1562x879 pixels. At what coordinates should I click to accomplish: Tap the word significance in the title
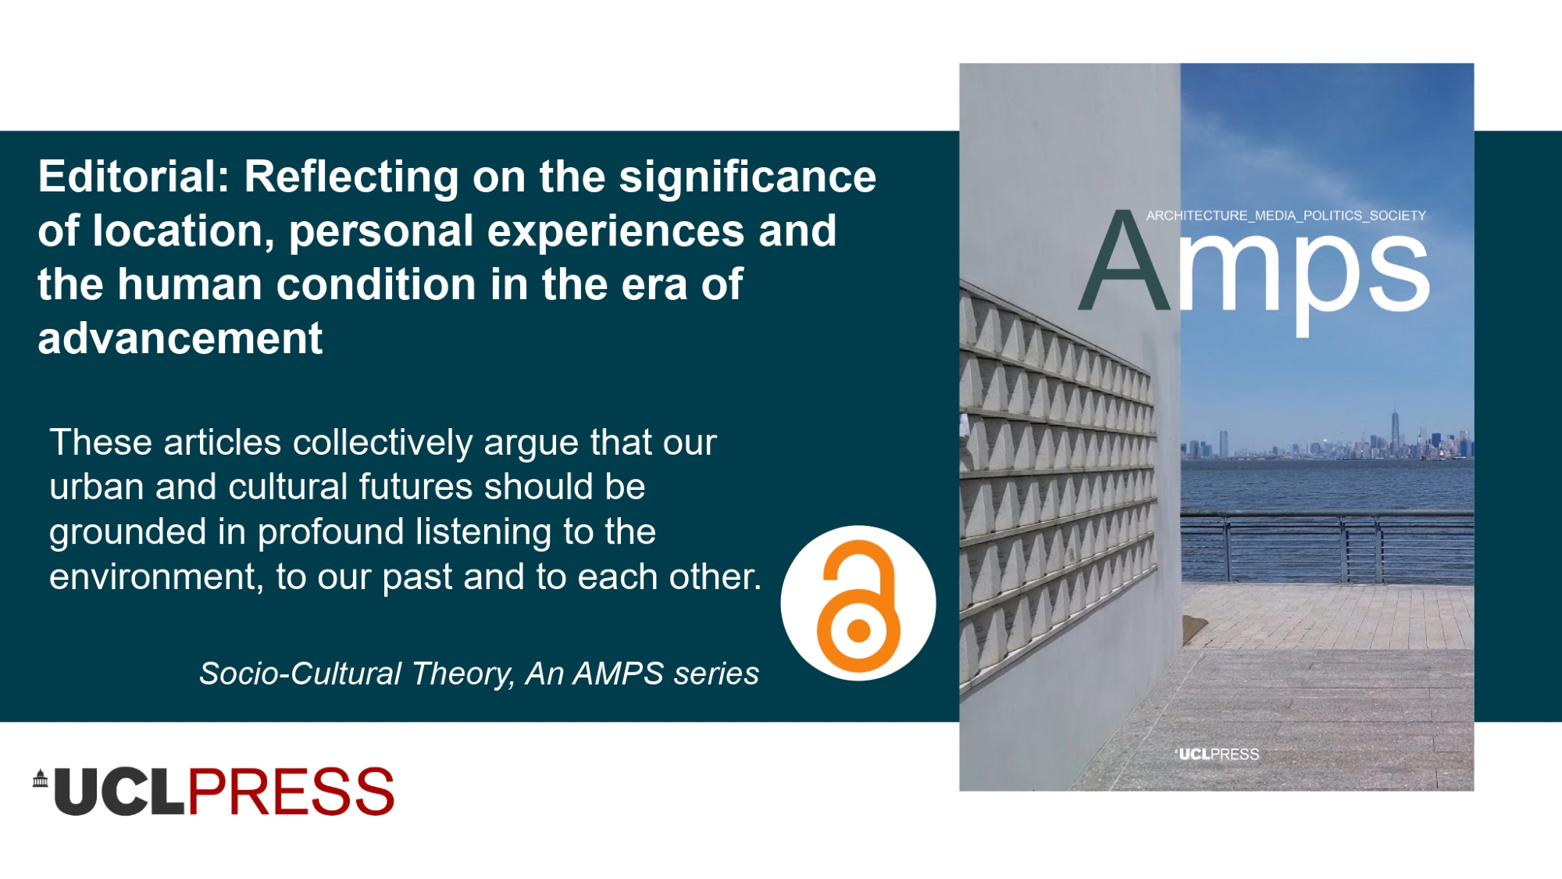point(748,177)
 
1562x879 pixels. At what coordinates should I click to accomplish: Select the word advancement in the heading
point(180,338)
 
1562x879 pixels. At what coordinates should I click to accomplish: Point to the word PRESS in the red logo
point(291,791)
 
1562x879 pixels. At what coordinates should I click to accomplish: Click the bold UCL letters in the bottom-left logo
point(119,791)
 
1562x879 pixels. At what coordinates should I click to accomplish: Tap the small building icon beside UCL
point(41,778)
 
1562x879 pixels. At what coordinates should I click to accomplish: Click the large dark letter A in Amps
point(1125,261)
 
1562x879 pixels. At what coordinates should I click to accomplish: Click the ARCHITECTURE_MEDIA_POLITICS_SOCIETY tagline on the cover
point(1286,216)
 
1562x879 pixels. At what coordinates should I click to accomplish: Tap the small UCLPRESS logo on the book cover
point(1217,754)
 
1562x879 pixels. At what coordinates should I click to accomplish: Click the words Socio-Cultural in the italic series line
point(300,674)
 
